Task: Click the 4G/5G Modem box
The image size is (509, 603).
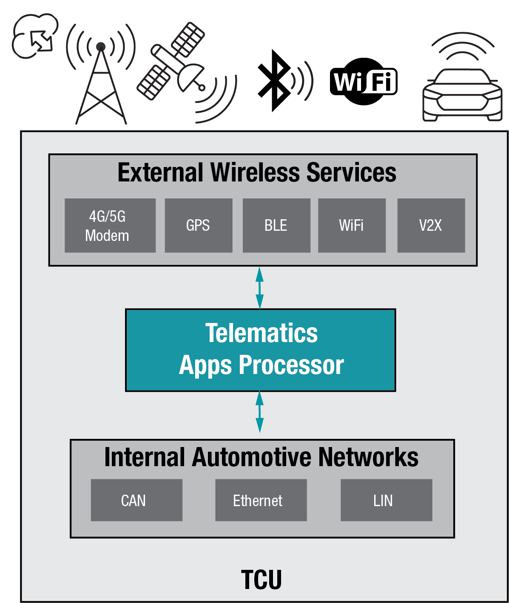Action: [110, 226]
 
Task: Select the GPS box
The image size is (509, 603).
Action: [198, 226]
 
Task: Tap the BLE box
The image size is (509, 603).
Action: [276, 226]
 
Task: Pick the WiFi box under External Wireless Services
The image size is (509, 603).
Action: [352, 226]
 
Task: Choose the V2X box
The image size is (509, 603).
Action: [431, 226]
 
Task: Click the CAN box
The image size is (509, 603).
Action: [136, 501]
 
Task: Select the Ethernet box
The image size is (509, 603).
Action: [261, 501]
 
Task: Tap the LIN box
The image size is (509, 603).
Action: [386, 501]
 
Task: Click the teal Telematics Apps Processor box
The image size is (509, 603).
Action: [260, 350]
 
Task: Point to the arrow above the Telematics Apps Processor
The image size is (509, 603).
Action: [259, 288]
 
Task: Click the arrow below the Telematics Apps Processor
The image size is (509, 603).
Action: [259, 412]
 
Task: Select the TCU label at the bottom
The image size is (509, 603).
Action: [261, 580]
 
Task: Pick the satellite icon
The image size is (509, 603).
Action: [174, 64]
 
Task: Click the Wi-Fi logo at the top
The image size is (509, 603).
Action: [364, 81]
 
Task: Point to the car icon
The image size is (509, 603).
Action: [463, 91]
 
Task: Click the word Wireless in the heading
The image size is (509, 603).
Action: [256, 173]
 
